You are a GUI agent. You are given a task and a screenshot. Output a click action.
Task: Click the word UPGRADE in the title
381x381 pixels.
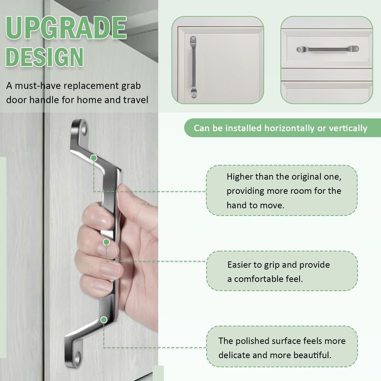pos(66,28)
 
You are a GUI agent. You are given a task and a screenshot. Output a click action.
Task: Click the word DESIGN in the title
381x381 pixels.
pos(45,56)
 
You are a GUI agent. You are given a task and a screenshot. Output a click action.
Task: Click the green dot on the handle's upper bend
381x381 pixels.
pos(94,158)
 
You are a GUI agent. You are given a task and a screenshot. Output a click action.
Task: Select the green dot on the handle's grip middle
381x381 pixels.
pos(106,242)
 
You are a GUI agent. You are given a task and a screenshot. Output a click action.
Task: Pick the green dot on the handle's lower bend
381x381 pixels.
pos(104,320)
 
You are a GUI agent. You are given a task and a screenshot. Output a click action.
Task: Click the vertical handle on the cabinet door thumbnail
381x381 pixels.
pos(193,67)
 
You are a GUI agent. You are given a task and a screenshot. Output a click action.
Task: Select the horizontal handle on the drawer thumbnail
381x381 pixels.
pos(328,49)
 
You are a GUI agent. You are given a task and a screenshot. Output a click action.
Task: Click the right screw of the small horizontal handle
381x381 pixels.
pos(356,49)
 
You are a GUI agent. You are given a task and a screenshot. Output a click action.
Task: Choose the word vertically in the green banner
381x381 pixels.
pos(348,128)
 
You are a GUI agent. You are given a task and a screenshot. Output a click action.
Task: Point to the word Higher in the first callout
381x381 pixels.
pos(240,177)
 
